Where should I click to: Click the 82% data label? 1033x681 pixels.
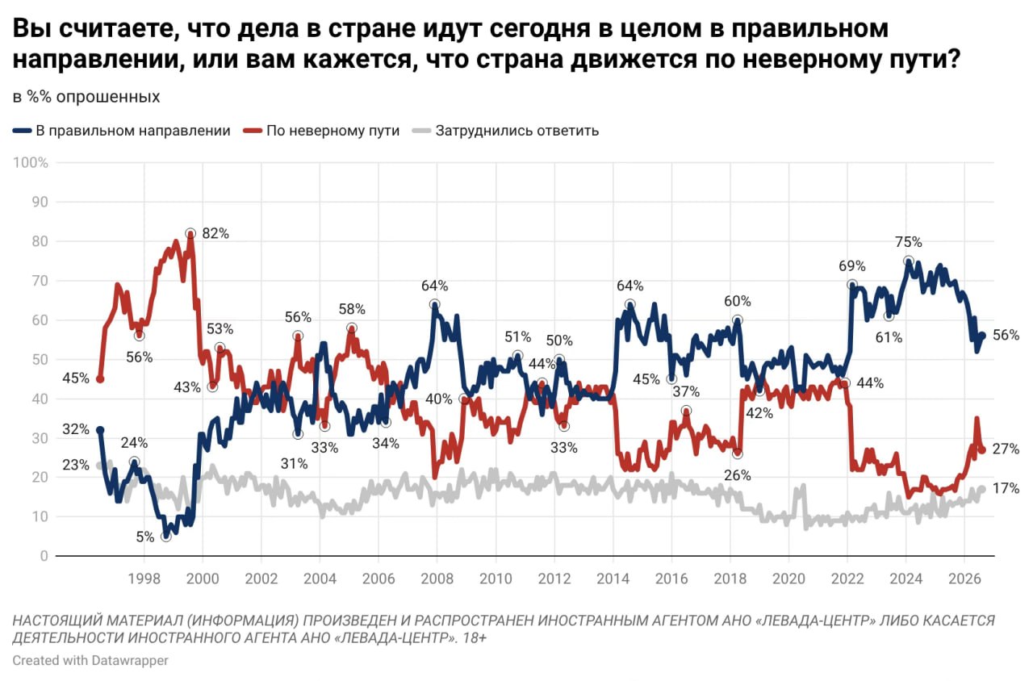pyautogui.click(x=215, y=233)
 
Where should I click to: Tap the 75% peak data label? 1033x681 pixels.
pyautogui.click(x=909, y=242)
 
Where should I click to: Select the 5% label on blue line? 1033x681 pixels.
pyautogui.click(x=144, y=537)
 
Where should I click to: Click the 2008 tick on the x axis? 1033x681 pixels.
pyautogui.click(x=437, y=579)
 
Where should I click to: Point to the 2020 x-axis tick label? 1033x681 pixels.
pyautogui.click(x=788, y=579)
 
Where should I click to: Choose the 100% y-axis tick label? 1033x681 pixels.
pyautogui.click(x=31, y=162)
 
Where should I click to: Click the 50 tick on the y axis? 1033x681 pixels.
pyautogui.click(x=40, y=359)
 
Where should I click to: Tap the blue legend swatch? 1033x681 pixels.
pyautogui.click(x=22, y=131)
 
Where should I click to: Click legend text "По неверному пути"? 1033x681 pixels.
pyautogui.click(x=333, y=131)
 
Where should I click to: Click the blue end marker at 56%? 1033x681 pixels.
pyautogui.click(x=982, y=336)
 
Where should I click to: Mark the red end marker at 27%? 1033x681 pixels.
pyautogui.click(x=982, y=450)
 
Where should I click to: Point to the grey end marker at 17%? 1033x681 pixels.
pyautogui.click(x=982, y=489)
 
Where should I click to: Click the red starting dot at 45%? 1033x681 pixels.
pyautogui.click(x=100, y=379)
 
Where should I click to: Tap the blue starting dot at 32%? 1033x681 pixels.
pyautogui.click(x=100, y=430)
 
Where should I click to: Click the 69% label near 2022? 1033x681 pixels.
pyautogui.click(x=851, y=266)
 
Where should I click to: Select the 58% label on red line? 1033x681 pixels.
pyautogui.click(x=352, y=309)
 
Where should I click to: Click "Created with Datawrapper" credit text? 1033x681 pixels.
pyautogui.click(x=90, y=660)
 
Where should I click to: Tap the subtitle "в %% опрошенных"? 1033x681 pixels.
pyautogui.click(x=86, y=97)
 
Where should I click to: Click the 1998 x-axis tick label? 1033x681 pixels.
pyautogui.click(x=144, y=579)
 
